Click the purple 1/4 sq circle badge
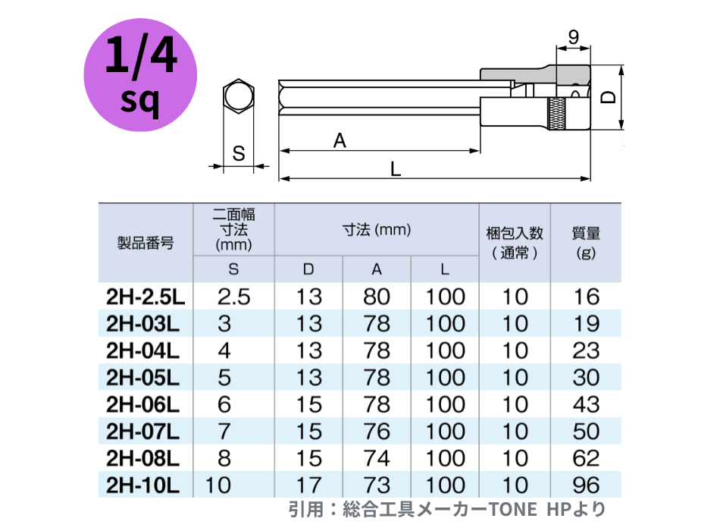[140, 75]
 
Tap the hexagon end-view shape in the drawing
[238, 96]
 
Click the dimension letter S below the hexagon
[239, 153]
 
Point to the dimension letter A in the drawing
[340, 140]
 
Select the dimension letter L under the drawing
[396, 169]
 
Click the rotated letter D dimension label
[609, 96]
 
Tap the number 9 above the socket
[574, 36]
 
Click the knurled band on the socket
[556, 114]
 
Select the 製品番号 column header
[146, 242]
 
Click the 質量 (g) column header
[586, 242]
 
